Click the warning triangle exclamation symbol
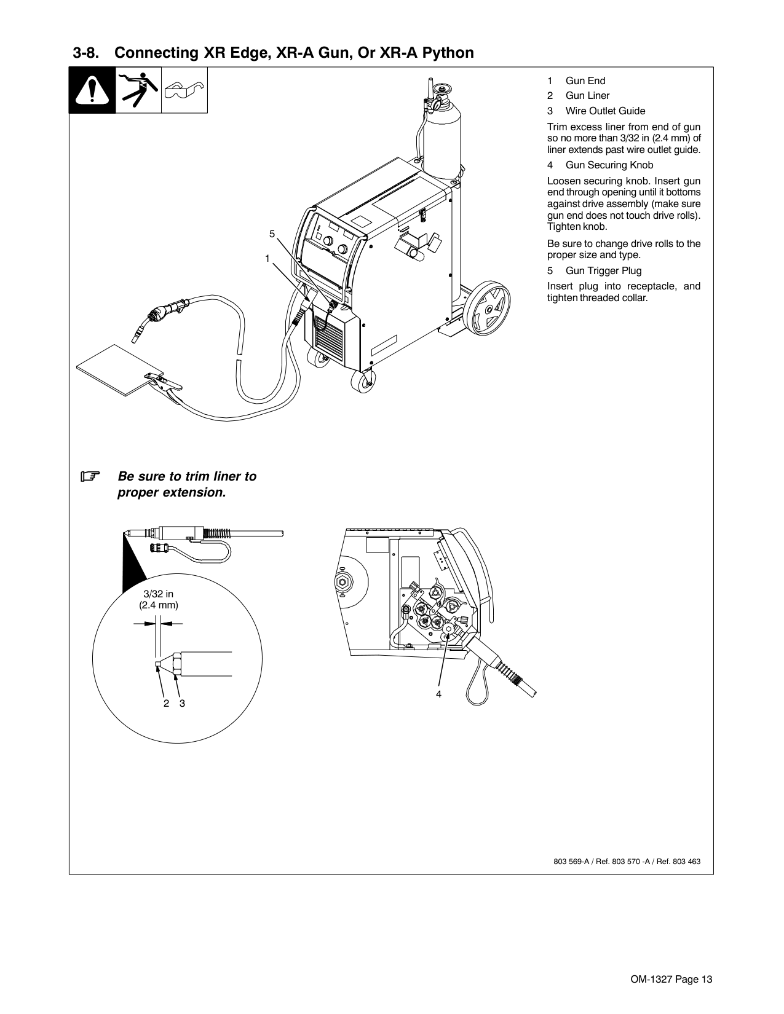pos(92,90)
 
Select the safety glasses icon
pos(184,90)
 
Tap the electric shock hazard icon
pos(138,90)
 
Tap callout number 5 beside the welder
pos(272,234)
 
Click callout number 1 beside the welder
pos(267,259)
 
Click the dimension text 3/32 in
pos(158,594)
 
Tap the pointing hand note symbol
pos(90,476)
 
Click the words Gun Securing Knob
pos(609,165)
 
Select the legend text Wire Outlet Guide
pos(605,111)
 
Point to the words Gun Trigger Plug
pos(603,270)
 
